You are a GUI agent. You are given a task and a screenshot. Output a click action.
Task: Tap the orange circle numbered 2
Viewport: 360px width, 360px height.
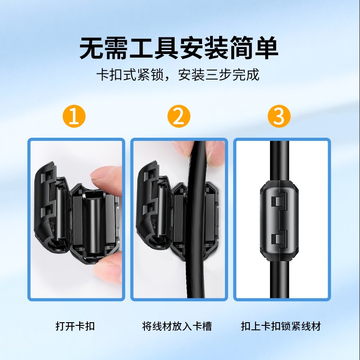coord(179,116)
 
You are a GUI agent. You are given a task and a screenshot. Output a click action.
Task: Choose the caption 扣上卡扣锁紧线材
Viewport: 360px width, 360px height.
coord(281,326)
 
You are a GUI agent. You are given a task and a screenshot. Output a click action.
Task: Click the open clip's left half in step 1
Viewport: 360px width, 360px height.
coord(49,202)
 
